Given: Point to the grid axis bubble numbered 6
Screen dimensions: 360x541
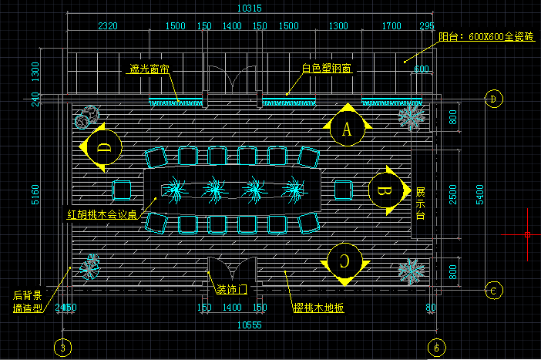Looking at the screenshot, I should (436, 348).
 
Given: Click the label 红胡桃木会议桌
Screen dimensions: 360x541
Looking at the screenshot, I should (102, 214).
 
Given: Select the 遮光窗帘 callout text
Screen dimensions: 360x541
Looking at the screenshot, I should (149, 69).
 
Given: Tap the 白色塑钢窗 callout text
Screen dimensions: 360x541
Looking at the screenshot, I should (326, 69).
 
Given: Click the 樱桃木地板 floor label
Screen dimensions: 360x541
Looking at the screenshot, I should (318, 308).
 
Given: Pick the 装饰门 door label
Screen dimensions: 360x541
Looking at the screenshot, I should (231, 291).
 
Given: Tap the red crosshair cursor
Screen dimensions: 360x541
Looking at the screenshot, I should (527, 234).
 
